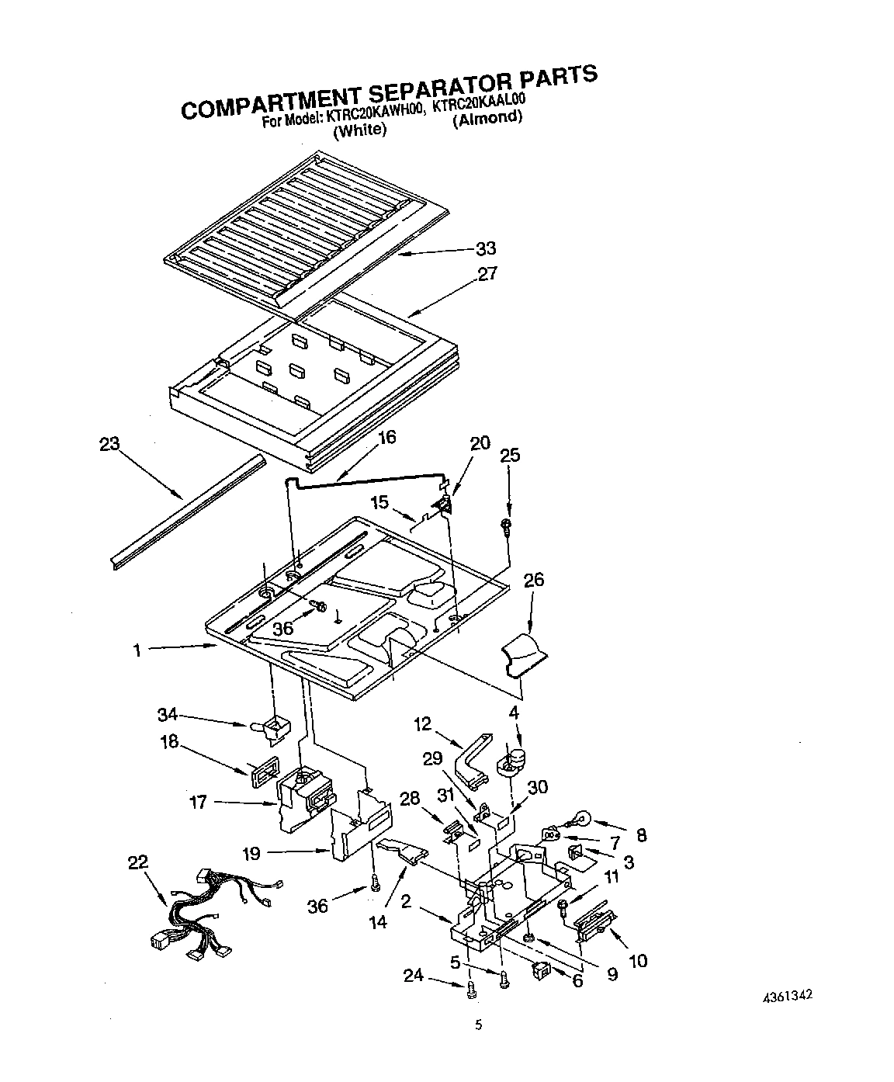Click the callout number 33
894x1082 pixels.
click(x=485, y=249)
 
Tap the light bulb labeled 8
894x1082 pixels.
click(x=581, y=820)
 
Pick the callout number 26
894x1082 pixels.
click(x=534, y=580)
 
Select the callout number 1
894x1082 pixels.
click(x=137, y=650)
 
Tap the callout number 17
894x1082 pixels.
click(x=199, y=803)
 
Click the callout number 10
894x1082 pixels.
click(x=637, y=961)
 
